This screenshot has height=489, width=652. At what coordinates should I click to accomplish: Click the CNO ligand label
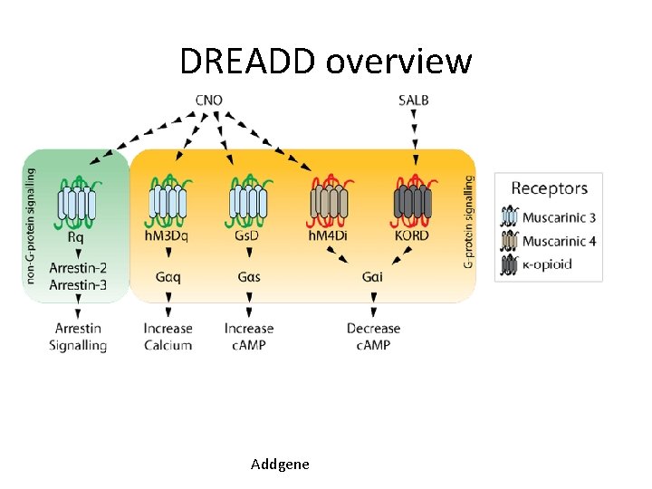[209, 101]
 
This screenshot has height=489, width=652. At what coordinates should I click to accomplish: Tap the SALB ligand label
[413, 101]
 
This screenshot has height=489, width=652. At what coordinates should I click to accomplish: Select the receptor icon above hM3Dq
[168, 201]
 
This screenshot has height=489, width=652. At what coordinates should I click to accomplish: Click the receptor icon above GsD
[249, 201]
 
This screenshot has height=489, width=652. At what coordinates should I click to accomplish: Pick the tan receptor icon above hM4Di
[330, 201]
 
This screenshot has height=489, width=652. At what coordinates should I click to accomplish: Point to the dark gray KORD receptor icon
[413, 201]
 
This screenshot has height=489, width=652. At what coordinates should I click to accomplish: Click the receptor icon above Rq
[77, 203]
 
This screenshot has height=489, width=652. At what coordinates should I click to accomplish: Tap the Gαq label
[168, 276]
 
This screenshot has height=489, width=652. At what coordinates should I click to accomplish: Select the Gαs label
[249, 276]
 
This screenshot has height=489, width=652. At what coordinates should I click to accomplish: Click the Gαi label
[372, 276]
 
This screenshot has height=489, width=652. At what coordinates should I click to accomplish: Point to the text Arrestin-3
[78, 285]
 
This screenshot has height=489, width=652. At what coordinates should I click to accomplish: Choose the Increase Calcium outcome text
[168, 337]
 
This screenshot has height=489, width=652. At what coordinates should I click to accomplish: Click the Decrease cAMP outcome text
[373, 337]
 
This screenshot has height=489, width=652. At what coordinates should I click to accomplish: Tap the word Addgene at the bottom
[280, 464]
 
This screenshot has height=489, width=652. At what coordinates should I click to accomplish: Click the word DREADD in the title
[248, 62]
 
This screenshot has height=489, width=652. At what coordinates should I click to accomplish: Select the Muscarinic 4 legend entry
[548, 241]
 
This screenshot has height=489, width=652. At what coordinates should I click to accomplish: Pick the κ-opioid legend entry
[536, 264]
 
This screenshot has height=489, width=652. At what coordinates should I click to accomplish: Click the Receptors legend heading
[550, 188]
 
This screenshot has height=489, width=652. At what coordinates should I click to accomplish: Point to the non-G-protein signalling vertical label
[31, 226]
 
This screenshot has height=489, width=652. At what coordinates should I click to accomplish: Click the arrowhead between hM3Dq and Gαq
[168, 253]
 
